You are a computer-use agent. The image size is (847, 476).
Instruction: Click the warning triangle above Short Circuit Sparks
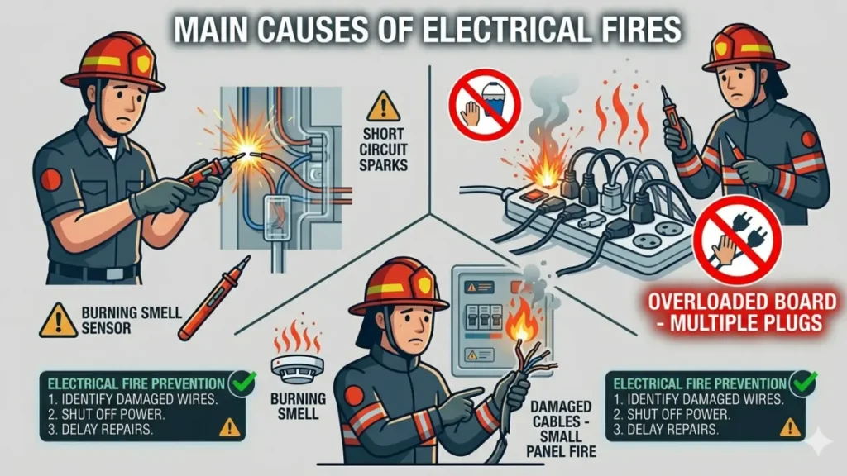pyautogui.click(x=383, y=107)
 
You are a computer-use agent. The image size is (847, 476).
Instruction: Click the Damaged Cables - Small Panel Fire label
pyautogui.click(x=562, y=428)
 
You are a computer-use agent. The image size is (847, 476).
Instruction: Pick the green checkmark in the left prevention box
pyautogui.click(x=243, y=381)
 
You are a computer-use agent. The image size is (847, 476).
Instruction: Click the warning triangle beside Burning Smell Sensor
pyautogui.click(x=59, y=320)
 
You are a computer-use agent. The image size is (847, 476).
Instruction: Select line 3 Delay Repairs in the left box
pyautogui.click(x=105, y=429)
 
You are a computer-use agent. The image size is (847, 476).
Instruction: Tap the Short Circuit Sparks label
pyautogui.click(x=383, y=150)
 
